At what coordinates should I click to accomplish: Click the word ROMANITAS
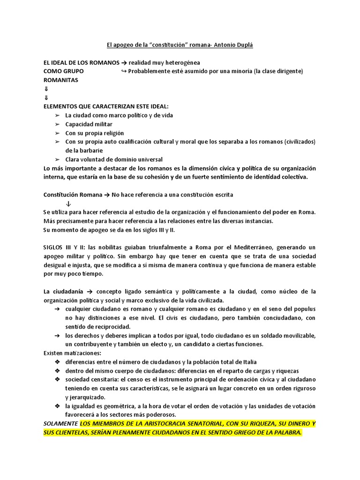[60, 80]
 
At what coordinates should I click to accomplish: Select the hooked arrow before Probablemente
[123, 71]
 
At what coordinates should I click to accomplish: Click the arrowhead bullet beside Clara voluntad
[57, 159]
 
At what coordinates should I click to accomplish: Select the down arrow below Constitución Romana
[68, 203]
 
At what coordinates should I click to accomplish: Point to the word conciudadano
[280, 318]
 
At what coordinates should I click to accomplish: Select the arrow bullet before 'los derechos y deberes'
[57, 336]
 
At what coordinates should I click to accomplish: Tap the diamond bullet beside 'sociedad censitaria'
[57, 379]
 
